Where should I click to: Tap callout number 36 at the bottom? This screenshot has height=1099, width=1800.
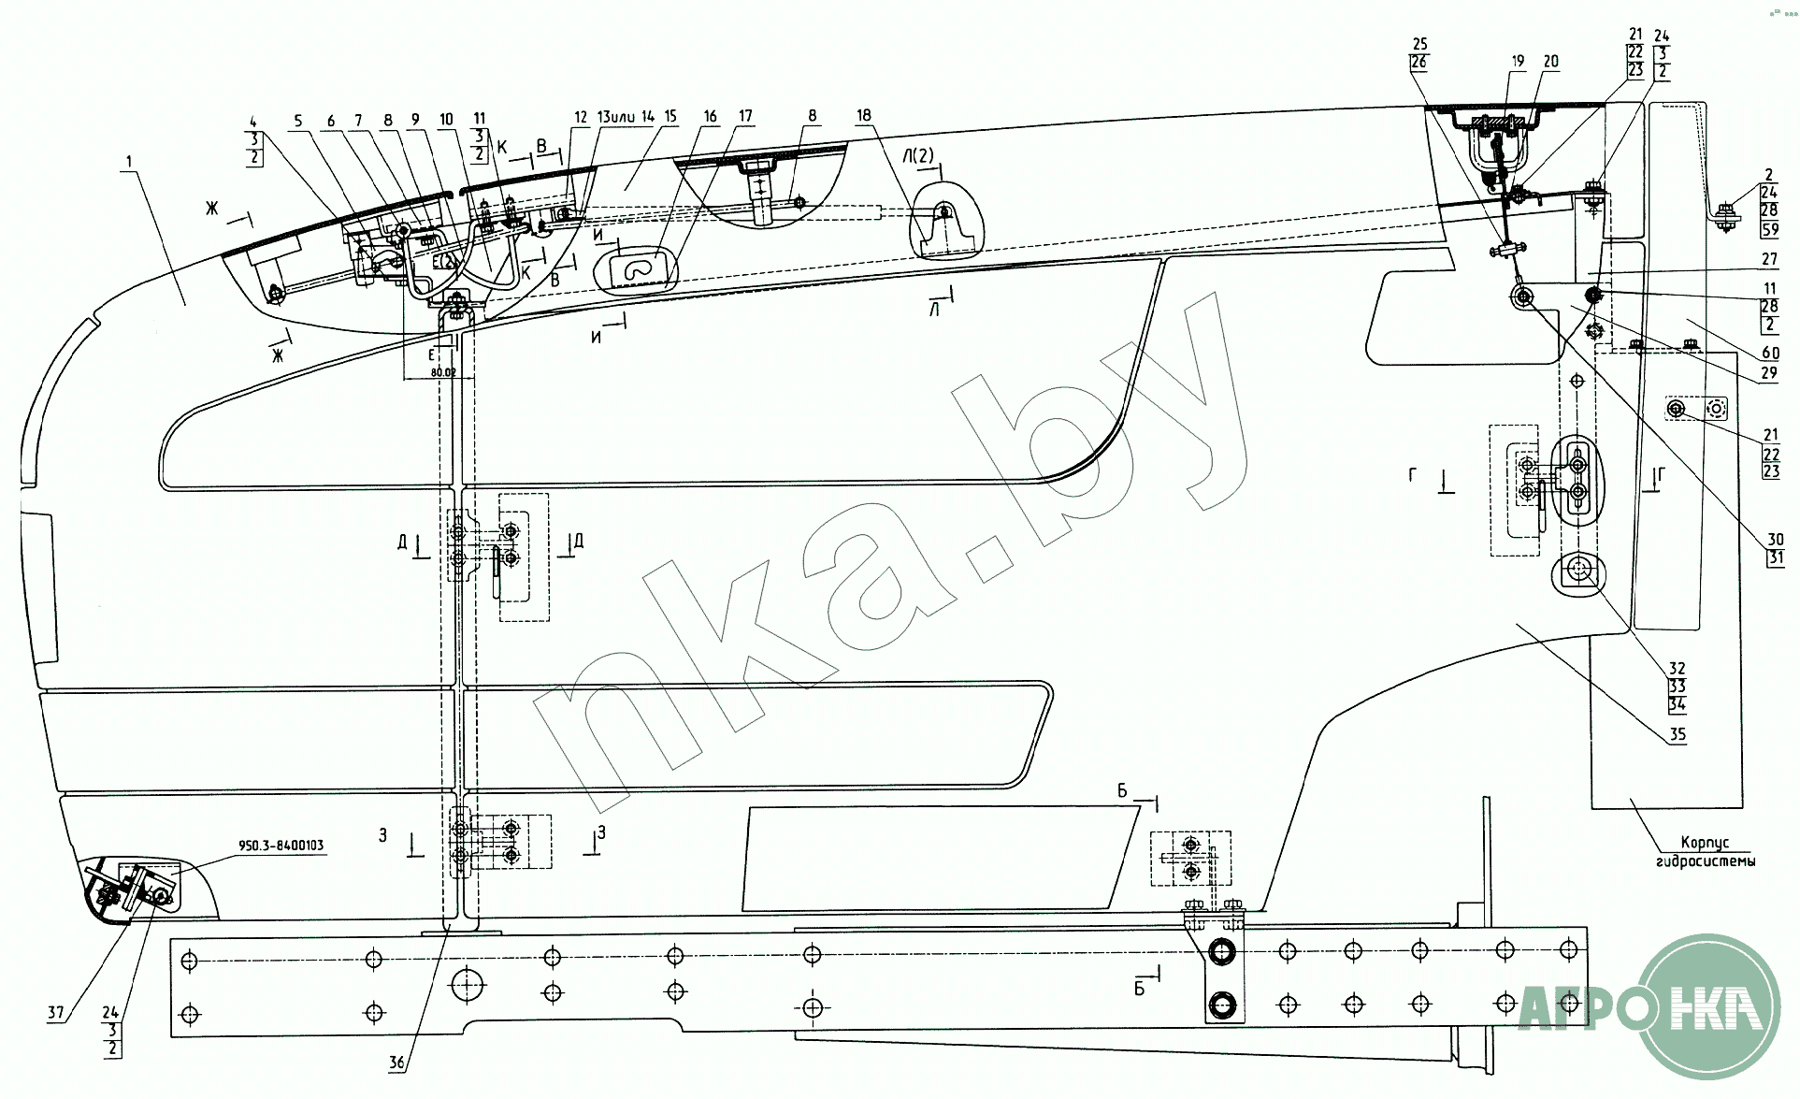(x=396, y=1063)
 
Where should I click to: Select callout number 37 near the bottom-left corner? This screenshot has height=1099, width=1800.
(x=56, y=1012)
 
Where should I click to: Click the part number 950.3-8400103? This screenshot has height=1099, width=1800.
(x=281, y=846)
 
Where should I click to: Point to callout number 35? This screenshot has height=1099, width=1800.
(x=1678, y=734)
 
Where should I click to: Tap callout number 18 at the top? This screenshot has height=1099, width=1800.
(x=863, y=116)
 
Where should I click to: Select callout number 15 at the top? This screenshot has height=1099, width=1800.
(x=670, y=117)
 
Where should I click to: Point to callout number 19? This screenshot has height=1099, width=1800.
(x=1518, y=62)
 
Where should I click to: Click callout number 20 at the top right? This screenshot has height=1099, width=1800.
(x=1550, y=62)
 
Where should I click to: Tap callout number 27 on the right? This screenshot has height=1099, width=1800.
(x=1768, y=260)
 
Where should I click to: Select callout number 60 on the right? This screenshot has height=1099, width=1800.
(x=1770, y=353)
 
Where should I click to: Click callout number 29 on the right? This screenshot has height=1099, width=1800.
(x=1768, y=372)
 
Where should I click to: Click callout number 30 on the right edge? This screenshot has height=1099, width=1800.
(x=1775, y=540)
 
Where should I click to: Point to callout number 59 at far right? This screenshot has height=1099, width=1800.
(x=1769, y=229)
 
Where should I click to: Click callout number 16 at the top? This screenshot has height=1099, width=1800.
(x=711, y=117)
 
